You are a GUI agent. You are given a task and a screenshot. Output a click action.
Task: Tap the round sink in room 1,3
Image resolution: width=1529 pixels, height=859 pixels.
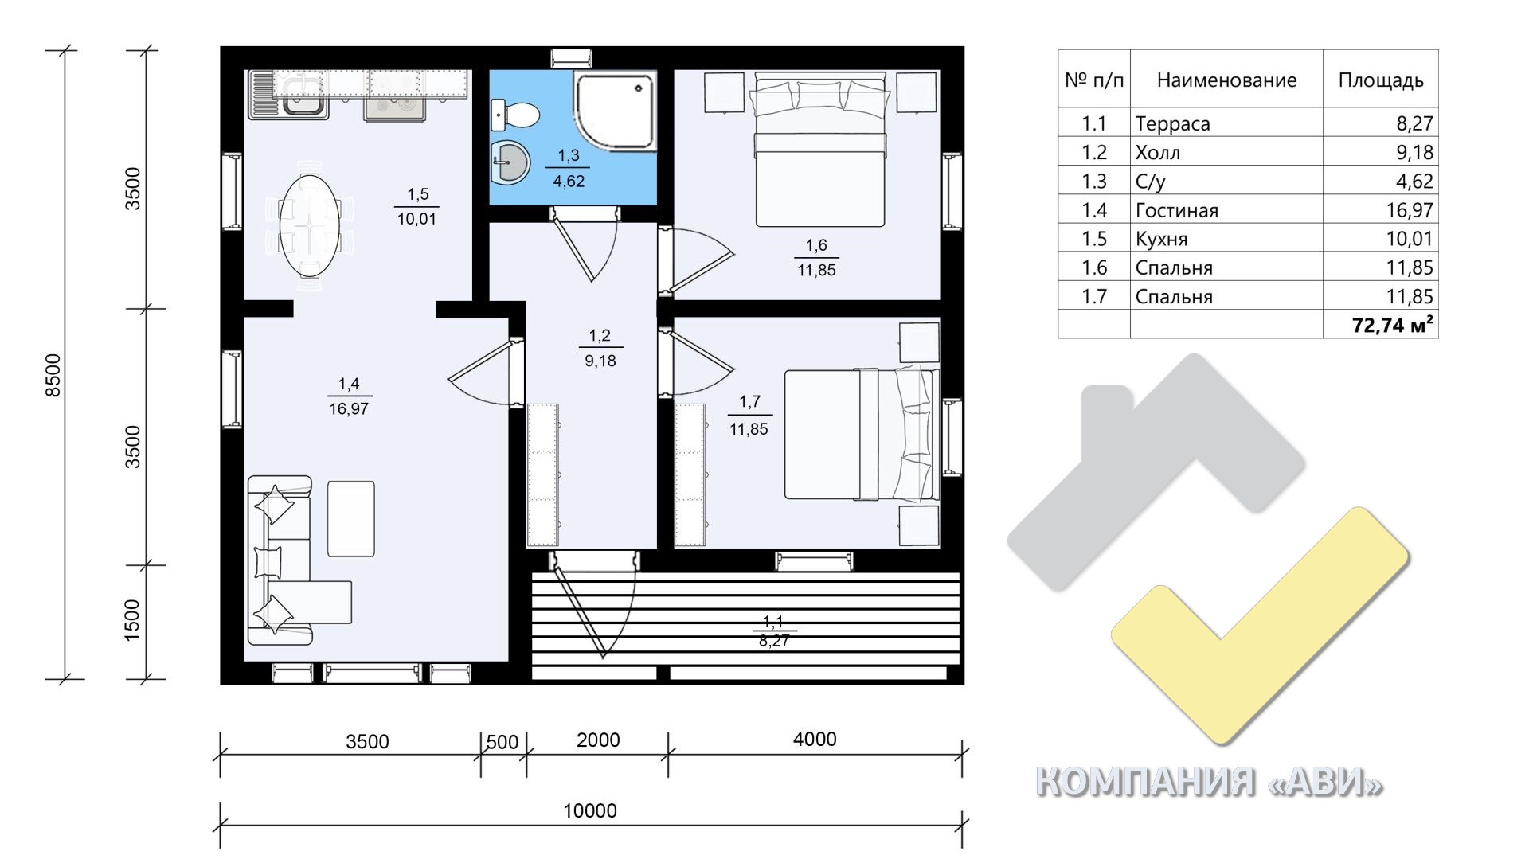point(510,162)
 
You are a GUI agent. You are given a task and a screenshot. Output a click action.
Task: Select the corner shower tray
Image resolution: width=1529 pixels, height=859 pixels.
point(614,110)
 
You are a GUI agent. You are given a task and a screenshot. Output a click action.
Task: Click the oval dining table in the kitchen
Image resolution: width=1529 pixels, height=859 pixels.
point(309,225)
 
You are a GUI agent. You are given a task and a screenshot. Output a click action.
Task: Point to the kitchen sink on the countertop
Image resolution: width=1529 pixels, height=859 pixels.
point(287,96)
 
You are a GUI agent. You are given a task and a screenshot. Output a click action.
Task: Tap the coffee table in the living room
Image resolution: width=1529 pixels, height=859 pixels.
point(350,518)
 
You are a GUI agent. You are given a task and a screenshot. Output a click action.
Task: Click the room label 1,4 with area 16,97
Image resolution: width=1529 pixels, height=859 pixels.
point(349,396)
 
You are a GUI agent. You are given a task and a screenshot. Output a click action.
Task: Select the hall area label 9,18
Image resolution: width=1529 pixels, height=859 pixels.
point(600,361)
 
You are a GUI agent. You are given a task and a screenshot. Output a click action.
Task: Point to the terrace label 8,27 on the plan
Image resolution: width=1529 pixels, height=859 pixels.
point(774,640)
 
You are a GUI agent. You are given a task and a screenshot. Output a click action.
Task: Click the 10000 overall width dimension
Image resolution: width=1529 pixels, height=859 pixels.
point(590,810)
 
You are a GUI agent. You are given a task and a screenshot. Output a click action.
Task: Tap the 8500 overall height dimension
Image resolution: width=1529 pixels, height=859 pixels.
point(53,375)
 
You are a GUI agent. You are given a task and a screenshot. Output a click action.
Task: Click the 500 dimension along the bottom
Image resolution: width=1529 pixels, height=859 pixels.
point(502,742)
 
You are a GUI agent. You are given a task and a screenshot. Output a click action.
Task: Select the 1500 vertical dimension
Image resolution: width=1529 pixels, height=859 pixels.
point(132,620)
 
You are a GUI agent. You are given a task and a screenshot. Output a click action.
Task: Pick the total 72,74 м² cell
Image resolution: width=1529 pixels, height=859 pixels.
point(1393,324)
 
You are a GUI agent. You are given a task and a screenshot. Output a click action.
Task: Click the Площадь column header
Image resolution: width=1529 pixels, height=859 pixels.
point(1380,80)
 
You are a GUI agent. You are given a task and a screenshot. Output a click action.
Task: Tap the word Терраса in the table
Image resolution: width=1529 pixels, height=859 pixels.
point(1172,123)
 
